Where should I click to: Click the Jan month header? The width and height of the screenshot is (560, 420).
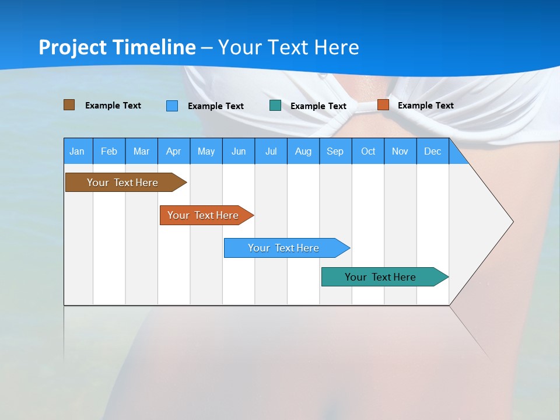[x=78, y=151]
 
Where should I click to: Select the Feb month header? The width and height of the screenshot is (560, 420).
[x=109, y=151]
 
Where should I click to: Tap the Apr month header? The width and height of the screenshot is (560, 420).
[x=173, y=151]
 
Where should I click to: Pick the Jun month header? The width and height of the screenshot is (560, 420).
[x=239, y=151]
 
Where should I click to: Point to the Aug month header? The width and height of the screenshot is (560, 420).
[x=303, y=151]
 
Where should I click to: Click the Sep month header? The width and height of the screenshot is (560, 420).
[x=335, y=151]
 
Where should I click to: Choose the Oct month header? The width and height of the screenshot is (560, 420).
[x=368, y=151]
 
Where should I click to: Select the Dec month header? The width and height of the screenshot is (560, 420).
[x=432, y=151]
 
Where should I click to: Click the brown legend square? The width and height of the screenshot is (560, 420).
[x=69, y=105]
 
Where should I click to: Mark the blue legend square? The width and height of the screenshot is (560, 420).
[x=172, y=106]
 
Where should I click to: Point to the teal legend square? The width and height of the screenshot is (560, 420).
[x=275, y=106]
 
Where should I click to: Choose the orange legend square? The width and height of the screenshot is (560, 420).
[x=383, y=105]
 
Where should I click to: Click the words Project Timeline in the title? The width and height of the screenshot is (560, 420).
[x=117, y=47]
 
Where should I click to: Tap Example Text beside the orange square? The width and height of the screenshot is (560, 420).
[x=425, y=106]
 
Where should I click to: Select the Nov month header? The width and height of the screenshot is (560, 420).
[x=400, y=151]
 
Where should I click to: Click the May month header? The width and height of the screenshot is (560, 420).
[x=206, y=151]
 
